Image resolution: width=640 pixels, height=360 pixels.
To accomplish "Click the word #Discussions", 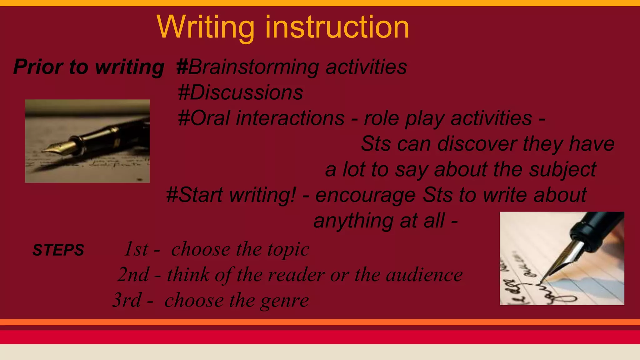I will click(x=240, y=93).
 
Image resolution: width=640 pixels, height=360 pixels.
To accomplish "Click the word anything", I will click(x=353, y=221).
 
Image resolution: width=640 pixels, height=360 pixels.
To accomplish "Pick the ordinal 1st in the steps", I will click(x=136, y=249).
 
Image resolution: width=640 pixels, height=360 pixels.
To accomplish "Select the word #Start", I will click(x=194, y=195).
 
